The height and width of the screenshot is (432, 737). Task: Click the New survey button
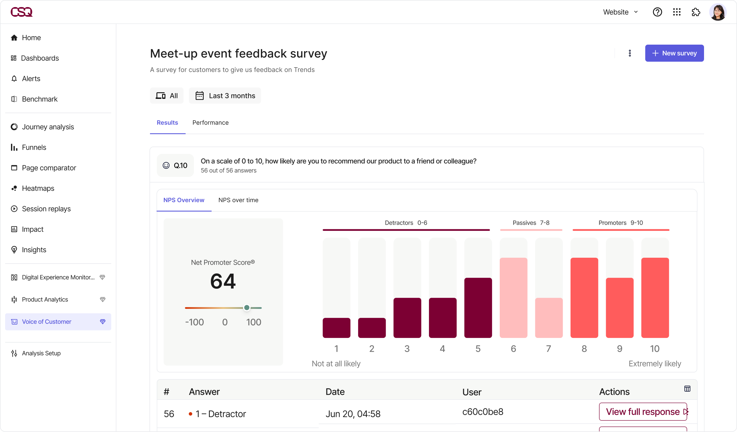674,53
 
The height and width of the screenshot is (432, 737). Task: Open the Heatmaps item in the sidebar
38,188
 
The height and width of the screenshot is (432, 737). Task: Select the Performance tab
210,123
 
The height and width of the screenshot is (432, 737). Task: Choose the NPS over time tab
238,200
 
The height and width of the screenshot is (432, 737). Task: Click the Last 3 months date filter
225,96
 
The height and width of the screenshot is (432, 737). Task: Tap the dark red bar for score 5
478,308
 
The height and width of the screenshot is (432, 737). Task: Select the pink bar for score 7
549,318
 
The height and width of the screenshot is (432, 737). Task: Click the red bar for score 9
619,308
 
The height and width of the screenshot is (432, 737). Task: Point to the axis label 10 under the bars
655,349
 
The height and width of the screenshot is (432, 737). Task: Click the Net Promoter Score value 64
223,281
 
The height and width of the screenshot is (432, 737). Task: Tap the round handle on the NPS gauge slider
247,308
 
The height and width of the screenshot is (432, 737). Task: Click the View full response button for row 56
643,412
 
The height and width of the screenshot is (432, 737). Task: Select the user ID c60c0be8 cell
483,412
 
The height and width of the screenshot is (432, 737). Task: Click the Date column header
335,392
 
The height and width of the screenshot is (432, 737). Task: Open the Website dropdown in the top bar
620,12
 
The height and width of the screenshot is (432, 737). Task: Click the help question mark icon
657,12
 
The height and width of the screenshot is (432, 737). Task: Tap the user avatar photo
718,12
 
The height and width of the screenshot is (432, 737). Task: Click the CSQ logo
21,12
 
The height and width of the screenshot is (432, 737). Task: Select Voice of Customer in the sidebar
47,322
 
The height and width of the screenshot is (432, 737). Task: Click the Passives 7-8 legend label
531,223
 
